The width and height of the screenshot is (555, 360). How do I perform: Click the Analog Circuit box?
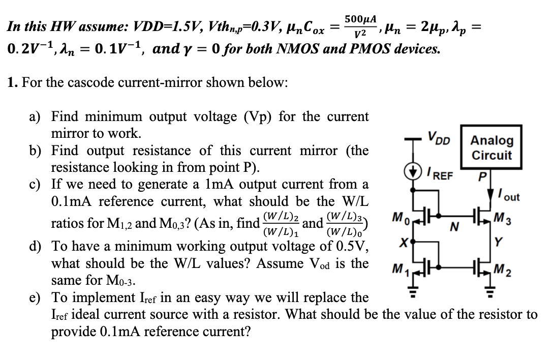(x=491, y=147)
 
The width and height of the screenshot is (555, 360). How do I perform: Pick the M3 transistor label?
(x=509, y=222)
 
